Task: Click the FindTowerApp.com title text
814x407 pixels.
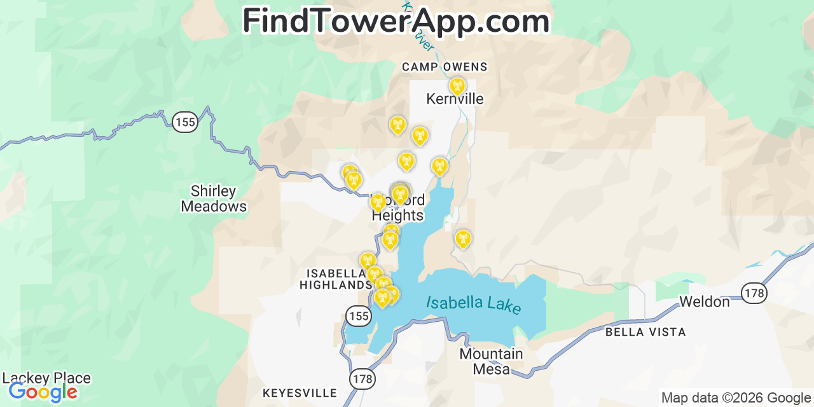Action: (396, 22)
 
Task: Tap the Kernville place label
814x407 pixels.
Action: (455, 99)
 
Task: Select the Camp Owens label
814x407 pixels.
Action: (445, 67)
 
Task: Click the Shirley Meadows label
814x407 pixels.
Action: (214, 198)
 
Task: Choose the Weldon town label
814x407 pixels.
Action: (705, 301)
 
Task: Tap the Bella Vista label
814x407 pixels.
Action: (645, 332)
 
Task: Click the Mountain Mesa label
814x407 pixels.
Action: (491, 361)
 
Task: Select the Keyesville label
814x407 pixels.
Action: (300, 393)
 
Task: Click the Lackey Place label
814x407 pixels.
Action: (46, 378)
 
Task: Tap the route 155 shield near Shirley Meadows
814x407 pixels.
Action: (185, 123)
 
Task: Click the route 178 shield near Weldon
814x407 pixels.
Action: (754, 293)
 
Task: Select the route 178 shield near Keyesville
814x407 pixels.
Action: (362, 379)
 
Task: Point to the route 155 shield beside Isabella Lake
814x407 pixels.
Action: (358, 314)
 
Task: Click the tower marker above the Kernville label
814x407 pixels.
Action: (457, 86)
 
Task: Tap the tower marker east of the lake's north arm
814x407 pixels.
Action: (463, 238)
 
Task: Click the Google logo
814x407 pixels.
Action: (43, 392)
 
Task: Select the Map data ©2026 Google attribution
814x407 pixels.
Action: (736, 398)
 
